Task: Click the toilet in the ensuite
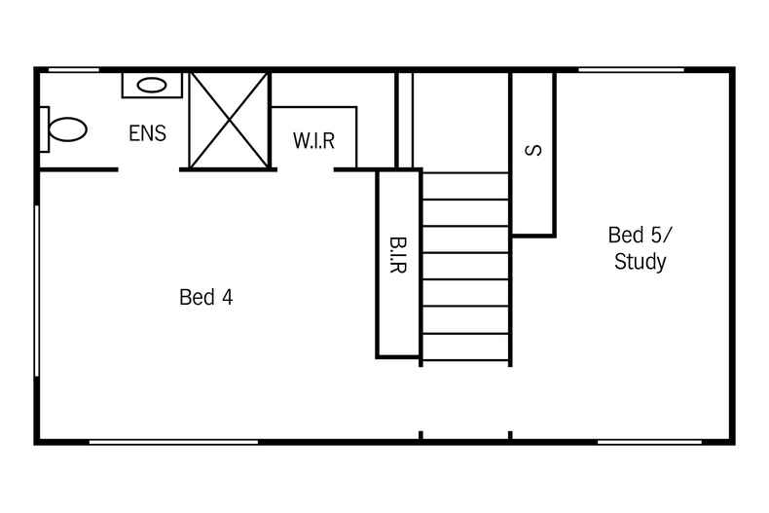point(63,129)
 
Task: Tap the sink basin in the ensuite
point(151,85)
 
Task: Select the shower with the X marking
point(229,121)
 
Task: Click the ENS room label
point(147,133)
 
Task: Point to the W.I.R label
point(313,141)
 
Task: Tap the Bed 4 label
point(206,298)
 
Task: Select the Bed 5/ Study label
point(640,248)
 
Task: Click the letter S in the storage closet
point(531,151)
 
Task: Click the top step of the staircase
point(465,186)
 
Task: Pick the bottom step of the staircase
point(465,348)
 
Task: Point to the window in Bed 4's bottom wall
point(173,442)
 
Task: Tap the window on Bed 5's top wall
point(631,69)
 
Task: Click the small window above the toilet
point(73,69)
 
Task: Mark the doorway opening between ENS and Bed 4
point(149,169)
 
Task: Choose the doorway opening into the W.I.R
point(306,169)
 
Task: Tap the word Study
point(641,262)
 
